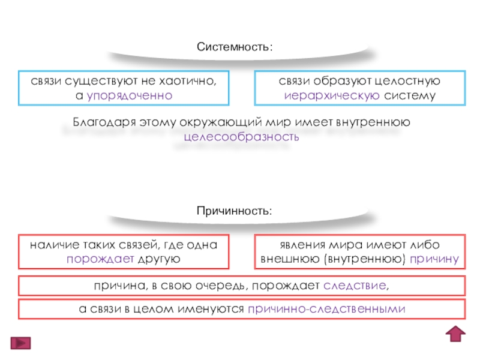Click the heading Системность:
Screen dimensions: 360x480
coord(235,46)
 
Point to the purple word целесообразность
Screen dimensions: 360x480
coord(241,137)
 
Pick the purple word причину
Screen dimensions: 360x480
coord(435,259)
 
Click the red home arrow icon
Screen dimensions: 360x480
coord(457,334)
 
